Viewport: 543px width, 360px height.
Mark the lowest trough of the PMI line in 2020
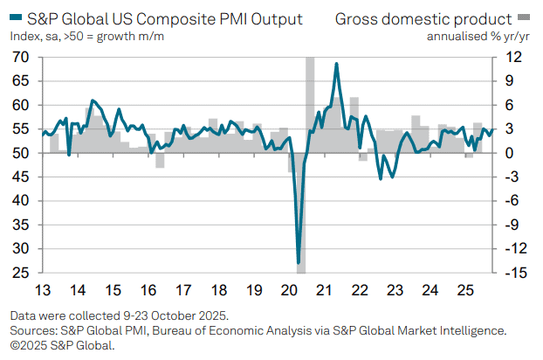(x=299, y=262)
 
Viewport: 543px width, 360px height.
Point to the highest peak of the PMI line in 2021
(x=337, y=64)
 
